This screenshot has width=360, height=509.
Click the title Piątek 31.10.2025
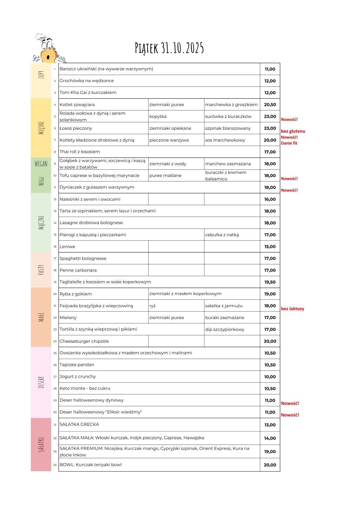click(x=169, y=48)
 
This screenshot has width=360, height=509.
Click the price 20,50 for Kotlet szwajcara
click(x=270, y=105)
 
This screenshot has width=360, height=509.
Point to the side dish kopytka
click(x=158, y=116)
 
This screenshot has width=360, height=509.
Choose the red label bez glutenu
click(x=293, y=131)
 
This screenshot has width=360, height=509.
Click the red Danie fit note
click(x=289, y=143)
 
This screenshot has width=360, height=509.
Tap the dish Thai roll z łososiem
click(x=80, y=152)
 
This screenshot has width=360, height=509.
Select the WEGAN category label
click(x=41, y=164)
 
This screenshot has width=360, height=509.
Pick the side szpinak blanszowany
click(x=228, y=128)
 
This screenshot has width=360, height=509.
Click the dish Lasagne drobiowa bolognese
click(x=91, y=223)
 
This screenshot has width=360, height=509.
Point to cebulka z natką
click(x=222, y=235)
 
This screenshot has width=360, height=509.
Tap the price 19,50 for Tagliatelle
click(x=270, y=282)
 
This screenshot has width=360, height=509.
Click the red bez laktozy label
click(x=292, y=309)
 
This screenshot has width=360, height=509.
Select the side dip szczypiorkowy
click(x=224, y=329)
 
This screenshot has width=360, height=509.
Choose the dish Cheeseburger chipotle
click(x=84, y=341)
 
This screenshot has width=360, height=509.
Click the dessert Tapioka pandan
click(x=77, y=365)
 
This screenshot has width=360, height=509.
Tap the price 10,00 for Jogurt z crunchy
click(x=270, y=377)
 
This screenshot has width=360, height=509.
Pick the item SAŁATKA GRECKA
click(x=79, y=425)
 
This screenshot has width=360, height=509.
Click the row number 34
click(x=55, y=465)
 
